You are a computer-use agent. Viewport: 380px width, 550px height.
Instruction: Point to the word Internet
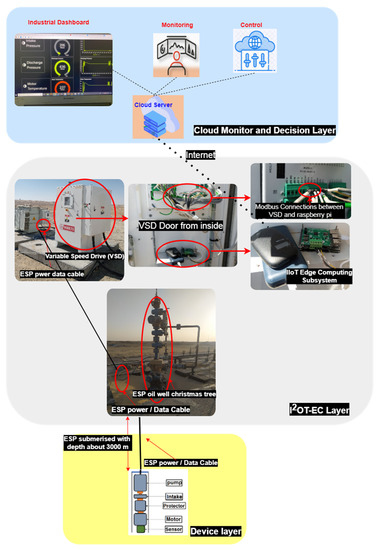tap(210, 155)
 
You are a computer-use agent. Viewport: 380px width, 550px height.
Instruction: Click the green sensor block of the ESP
tap(142, 531)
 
